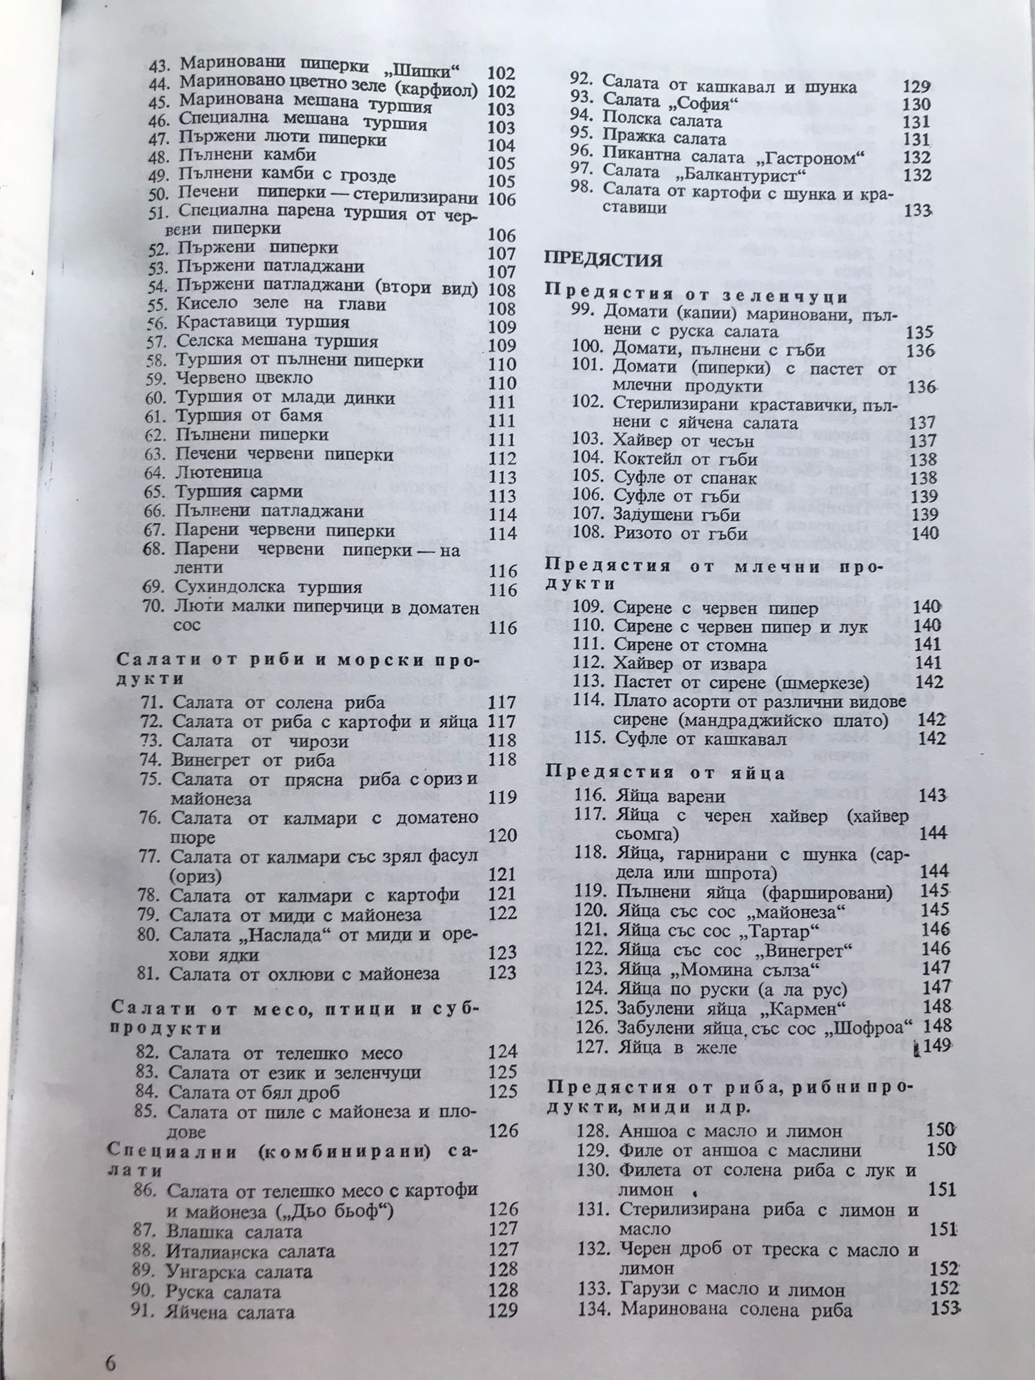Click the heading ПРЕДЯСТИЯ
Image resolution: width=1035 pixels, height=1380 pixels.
pyautogui.click(x=604, y=260)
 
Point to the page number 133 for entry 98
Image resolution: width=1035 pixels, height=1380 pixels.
pyautogui.click(x=917, y=210)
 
